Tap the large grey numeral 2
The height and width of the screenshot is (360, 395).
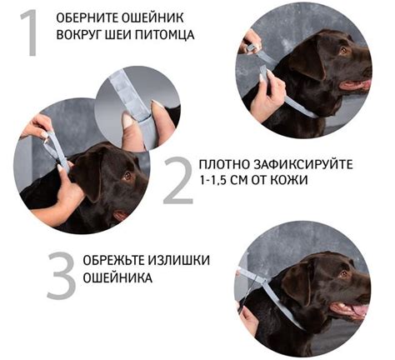coord(178,180)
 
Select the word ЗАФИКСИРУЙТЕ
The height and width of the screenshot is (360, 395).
coord(303,164)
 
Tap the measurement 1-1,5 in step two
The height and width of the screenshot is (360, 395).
coord(212,181)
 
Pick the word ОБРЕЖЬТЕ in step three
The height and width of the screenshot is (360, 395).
coord(113,261)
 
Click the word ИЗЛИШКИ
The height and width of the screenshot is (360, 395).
coord(178,261)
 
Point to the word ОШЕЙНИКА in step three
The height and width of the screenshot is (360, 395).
coord(117,277)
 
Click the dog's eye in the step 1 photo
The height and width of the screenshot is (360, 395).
coord(343,51)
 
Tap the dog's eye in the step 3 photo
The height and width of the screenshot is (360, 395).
coord(344,274)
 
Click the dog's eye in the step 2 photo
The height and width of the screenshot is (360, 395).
coord(127,176)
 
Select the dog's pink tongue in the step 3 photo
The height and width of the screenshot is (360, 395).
coord(360,310)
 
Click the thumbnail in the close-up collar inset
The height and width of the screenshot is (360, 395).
coord(128,120)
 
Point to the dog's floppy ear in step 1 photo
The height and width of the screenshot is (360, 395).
coord(307,59)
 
